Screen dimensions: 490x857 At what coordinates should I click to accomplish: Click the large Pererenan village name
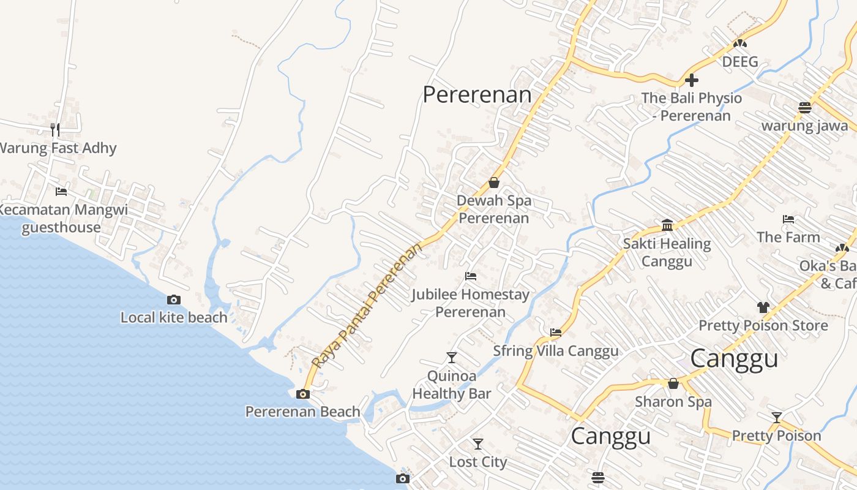(x=477, y=94)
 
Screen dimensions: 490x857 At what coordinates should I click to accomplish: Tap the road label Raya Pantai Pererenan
(x=367, y=304)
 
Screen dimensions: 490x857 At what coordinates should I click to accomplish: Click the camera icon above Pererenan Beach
(x=303, y=394)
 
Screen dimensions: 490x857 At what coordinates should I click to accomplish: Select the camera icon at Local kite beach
(x=174, y=300)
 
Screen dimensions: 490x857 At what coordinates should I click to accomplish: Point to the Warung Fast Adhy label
(x=58, y=148)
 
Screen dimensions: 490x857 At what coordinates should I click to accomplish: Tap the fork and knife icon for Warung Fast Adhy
(x=55, y=129)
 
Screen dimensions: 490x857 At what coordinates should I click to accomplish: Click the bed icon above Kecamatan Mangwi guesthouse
(x=61, y=192)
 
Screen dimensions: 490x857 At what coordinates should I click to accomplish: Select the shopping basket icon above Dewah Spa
(x=494, y=183)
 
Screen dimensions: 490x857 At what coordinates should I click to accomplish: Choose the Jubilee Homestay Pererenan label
(x=470, y=303)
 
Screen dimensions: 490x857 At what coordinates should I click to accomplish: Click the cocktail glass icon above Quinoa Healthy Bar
(x=452, y=357)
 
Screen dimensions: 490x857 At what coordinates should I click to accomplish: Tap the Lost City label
(x=478, y=462)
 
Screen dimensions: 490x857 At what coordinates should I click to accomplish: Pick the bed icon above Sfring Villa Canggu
(x=556, y=333)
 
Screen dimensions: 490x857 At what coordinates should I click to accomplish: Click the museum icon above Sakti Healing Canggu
(x=667, y=225)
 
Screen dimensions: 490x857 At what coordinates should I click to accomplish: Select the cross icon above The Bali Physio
(x=692, y=80)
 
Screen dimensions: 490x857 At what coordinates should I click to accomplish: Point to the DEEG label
(x=740, y=62)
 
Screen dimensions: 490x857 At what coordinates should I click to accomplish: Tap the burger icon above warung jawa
(x=805, y=108)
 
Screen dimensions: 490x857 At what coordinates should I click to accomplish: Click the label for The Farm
(x=788, y=237)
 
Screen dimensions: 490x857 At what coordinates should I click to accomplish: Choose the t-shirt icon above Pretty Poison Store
(x=763, y=307)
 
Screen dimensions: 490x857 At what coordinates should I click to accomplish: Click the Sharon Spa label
(x=673, y=402)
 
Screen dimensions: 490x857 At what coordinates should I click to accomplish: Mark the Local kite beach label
(x=174, y=317)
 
